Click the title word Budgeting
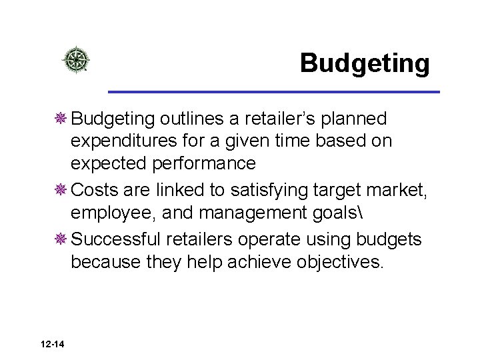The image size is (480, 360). (x=365, y=63)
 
